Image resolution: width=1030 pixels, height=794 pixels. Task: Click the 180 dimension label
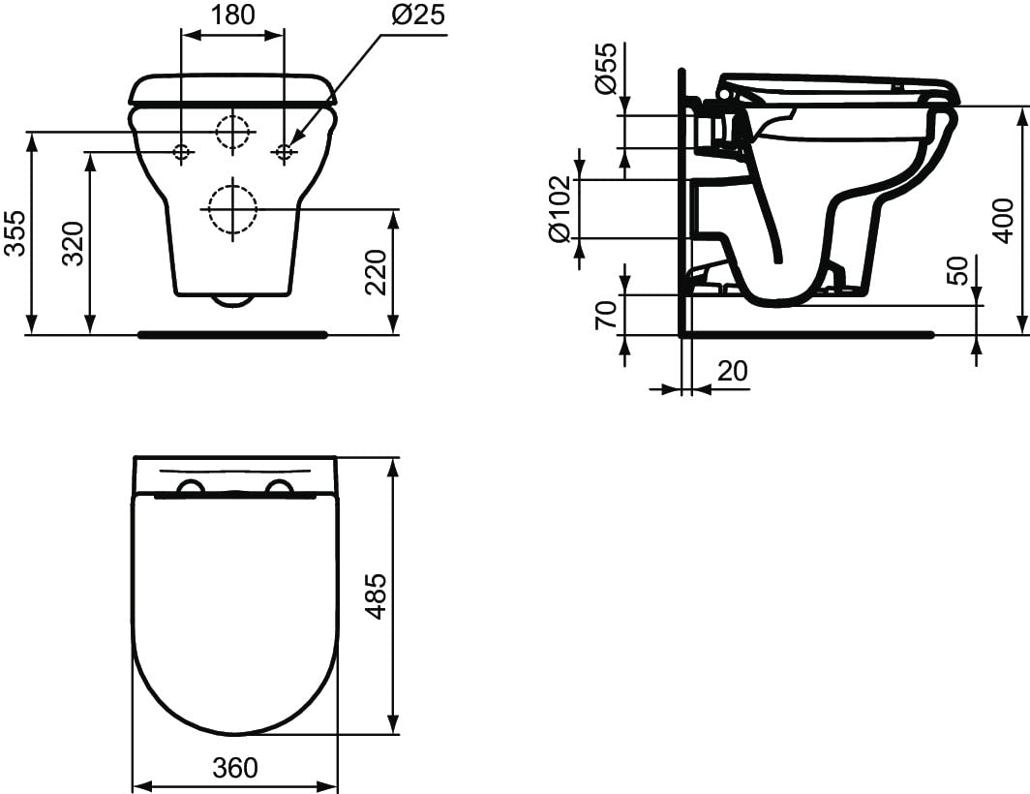(x=233, y=14)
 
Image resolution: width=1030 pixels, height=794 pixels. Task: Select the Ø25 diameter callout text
(x=418, y=14)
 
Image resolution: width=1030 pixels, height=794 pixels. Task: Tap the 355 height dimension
(x=15, y=233)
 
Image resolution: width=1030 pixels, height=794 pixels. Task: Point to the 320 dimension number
(x=73, y=243)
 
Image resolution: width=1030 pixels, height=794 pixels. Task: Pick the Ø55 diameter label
(x=605, y=69)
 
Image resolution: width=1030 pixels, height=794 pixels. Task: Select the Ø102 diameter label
(x=560, y=208)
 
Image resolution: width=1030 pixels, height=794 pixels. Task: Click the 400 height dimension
(x=1003, y=220)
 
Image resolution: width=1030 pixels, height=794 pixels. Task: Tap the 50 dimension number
(x=959, y=270)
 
